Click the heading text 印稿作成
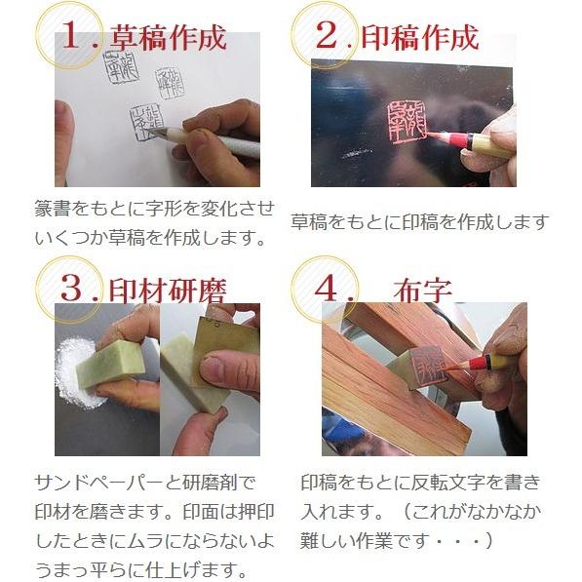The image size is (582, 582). (420, 38)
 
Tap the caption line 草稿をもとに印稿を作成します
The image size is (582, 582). (419, 222)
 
